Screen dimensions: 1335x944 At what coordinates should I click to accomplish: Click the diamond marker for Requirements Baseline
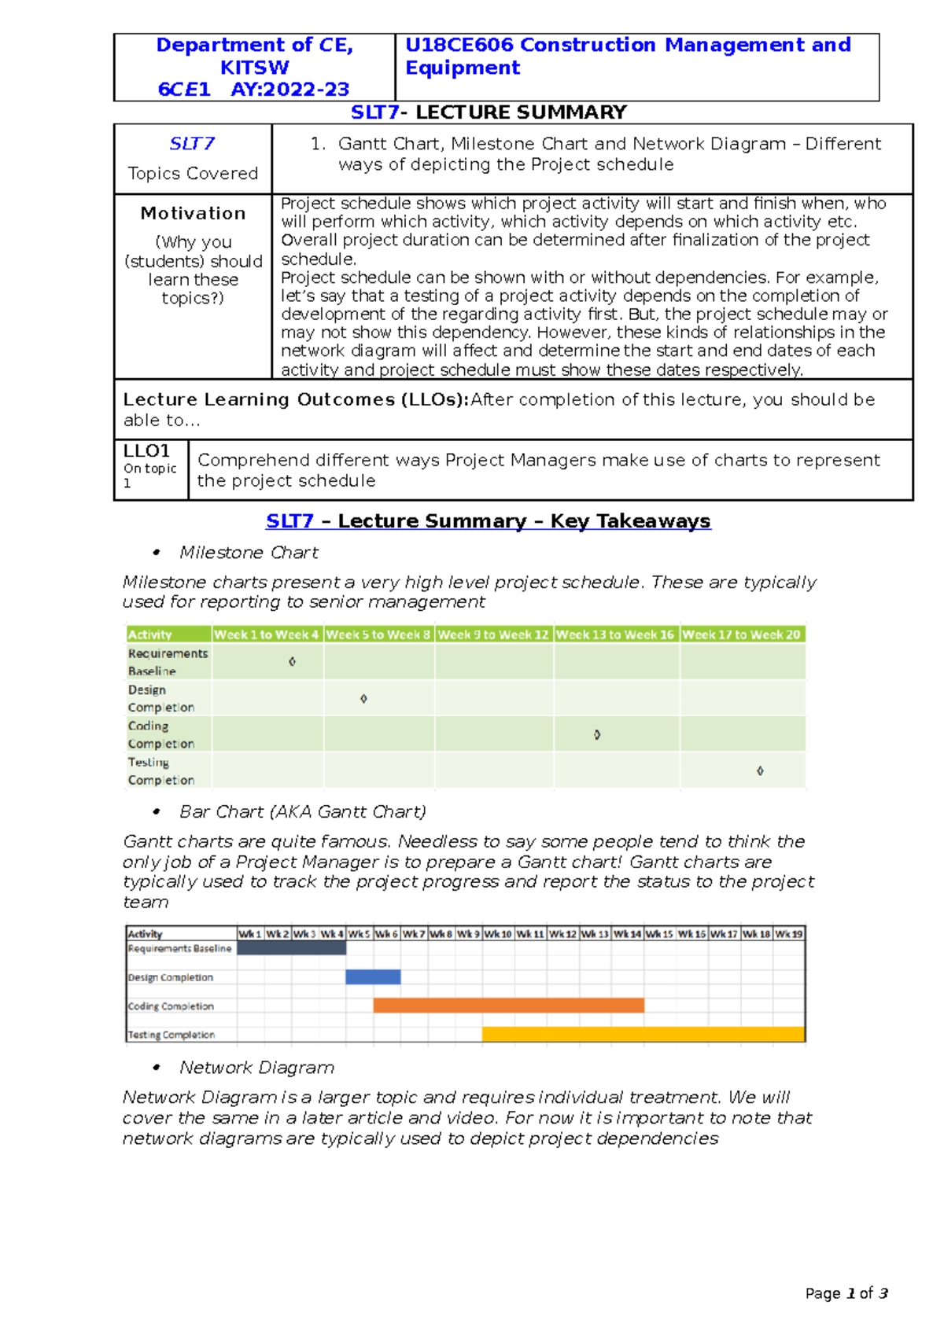pyautogui.click(x=292, y=662)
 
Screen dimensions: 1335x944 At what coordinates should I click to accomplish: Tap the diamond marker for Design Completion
pyautogui.click(x=363, y=698)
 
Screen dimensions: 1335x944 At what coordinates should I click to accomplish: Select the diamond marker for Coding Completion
pyautogui.click(x=597, y=734)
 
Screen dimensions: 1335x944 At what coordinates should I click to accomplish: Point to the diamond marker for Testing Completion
pyautogui.click(x=760, y=770)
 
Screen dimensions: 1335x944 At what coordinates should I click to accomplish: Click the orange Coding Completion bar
pyautogui.click(x=508, y=1005)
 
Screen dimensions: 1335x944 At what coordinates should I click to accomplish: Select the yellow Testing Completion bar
pyautogui.click(x=643, y=1034)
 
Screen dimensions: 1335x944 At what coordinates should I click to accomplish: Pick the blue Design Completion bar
pyautogui.click(x=373, y=976)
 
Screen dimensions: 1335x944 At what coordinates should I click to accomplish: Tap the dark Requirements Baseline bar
pyautogui.click(x=291, y=948)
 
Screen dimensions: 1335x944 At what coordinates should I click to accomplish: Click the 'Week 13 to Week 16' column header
pyautogui.click(x=615, y=634)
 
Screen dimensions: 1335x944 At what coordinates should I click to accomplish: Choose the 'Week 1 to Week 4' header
pyautogui.click(x=267, y=634)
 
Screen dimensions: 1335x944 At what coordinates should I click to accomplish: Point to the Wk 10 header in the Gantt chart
pyautogui.click(x=497, y=934)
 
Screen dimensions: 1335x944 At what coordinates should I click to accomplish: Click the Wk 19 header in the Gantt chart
pyautogui.click(x=788, y=934)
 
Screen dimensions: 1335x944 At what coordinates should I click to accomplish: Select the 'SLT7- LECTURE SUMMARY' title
pyautogui.click(x=489, y=112)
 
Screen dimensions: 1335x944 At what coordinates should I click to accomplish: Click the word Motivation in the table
pyautogui.click(x=193, y=213)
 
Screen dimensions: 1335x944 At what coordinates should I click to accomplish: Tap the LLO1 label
pyautogui.click(x=146, y=451)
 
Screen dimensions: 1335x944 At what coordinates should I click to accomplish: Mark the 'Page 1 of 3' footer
pyautogui.click(x=846, y=1293)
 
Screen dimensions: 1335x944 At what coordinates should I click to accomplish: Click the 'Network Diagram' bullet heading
pyautogui.click(x=256, y=1068)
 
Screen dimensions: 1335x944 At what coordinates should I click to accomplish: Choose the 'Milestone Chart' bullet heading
pyautogui.click(x=249, y=553)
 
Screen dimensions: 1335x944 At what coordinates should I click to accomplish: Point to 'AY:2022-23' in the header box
pyautogui.click(x=289, y=90)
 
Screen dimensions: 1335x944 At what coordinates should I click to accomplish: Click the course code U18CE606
pyautogui.click(x=459, y=45)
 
